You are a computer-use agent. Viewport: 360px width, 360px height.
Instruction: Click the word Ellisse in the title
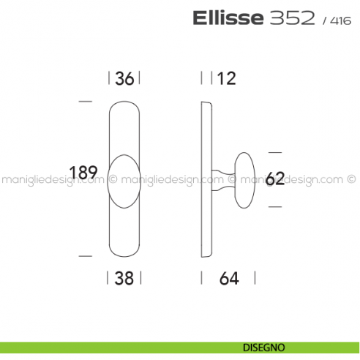pos(227,18)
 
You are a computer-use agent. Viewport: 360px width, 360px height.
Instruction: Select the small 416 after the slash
pos(341,20)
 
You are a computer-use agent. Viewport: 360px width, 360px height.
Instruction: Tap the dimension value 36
pos(124,78)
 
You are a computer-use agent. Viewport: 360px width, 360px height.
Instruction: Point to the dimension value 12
pos(227,78)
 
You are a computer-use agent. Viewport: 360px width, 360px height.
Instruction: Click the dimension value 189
pos(83,173)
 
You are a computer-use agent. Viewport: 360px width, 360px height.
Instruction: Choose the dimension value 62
pos(275,179)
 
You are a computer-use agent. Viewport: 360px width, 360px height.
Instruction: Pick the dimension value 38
pos(124,277)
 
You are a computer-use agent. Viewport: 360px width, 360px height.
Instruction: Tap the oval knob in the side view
pos(244,179)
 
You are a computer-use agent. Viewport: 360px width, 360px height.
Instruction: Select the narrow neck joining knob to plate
pos(222,179)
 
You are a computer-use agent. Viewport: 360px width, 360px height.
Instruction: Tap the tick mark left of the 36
pos(109,78)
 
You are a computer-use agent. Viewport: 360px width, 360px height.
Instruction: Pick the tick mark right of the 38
pos(140,277)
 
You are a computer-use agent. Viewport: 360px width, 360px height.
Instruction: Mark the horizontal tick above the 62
pos(274,152)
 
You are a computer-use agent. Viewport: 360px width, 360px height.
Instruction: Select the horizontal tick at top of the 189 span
pos(85,100)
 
